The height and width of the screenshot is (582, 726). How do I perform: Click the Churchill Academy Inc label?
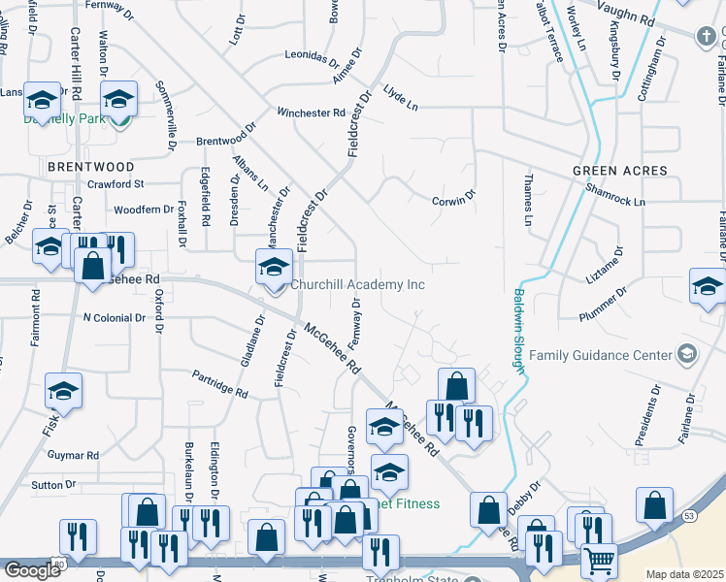(x=357, y=285)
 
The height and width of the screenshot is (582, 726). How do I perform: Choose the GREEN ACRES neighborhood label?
(x=619, y=171)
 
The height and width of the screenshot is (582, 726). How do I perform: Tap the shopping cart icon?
(x=599, y=560)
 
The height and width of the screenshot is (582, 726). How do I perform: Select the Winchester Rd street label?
(x=311, y=113)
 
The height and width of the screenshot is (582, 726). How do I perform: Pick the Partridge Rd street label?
(x=219, y=383)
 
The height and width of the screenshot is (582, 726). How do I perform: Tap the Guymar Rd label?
(x=73, y=454)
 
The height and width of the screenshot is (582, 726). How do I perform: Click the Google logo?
(x=31, y=570)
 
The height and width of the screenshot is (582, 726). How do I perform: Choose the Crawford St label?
(x=115, y=183)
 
